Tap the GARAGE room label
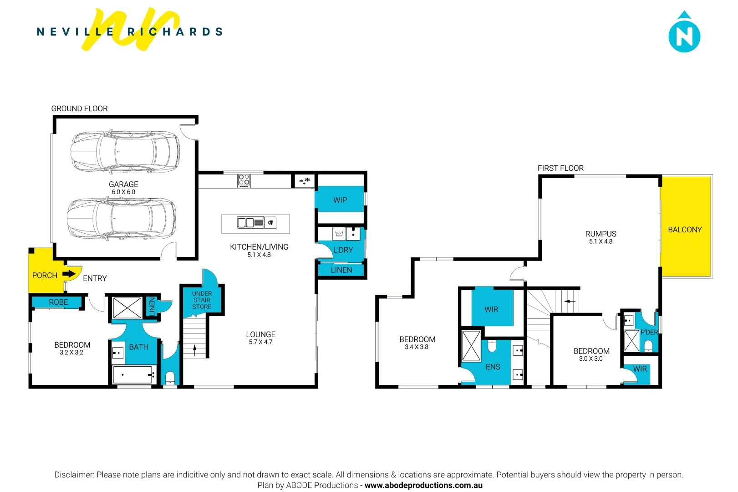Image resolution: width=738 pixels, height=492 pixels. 123,184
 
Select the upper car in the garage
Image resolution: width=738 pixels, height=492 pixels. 125,152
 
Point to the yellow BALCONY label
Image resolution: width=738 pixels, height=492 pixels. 685,230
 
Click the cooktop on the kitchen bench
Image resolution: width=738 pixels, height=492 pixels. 244,181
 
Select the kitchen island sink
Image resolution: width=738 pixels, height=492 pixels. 246,223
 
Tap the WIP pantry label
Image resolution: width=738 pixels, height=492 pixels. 340,200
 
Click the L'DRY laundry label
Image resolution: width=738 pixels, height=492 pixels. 343,250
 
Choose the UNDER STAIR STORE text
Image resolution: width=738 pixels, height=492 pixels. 202,300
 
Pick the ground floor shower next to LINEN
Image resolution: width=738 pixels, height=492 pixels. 127,308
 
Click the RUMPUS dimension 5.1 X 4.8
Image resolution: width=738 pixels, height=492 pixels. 601,241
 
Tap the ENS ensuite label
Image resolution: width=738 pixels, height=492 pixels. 493,367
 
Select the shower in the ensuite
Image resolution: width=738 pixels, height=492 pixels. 471,346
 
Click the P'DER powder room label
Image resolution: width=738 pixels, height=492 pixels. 649,332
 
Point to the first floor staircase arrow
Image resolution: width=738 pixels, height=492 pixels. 570,301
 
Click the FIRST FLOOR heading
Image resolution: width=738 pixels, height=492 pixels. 560,168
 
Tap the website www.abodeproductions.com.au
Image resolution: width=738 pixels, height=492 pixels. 423,485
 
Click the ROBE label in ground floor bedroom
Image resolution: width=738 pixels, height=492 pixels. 58,302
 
